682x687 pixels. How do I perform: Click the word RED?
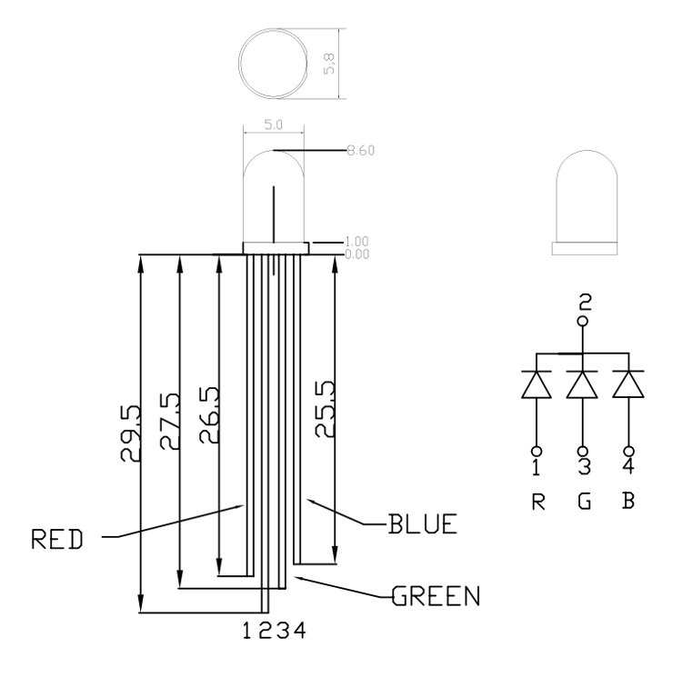pos(57,540)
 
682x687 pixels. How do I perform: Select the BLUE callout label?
pos(422,524)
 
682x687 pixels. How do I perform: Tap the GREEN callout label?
pos(436,597)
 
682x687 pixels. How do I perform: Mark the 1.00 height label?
pos(357,242)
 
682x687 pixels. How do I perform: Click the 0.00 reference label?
pos(357,254)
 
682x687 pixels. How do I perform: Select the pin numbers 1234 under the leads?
pos(274,629)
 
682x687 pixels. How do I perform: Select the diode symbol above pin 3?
pos(583,384)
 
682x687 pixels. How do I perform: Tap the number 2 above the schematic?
pos(585,301)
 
